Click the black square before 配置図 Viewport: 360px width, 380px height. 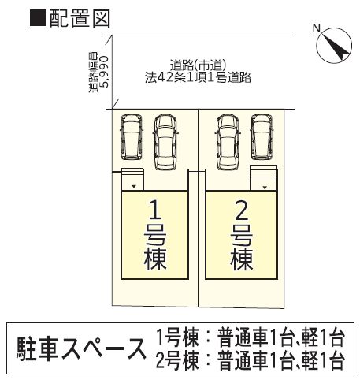pos(38,18)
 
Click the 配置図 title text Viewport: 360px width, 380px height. pos(80,18)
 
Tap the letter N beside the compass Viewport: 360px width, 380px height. pos(317,28)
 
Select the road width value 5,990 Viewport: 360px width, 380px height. pos(104,72)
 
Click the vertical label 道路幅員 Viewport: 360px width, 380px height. pos(93,72)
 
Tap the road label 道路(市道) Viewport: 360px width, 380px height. pos(198,65)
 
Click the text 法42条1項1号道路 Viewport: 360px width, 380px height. pos(198,77)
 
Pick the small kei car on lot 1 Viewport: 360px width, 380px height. pos(132,136)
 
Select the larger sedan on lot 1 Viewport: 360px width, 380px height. pos(165,142)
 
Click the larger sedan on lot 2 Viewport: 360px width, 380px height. pos(228,142)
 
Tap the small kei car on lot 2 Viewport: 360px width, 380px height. pos(262,136)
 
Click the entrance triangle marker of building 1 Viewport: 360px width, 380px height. pos(134,187)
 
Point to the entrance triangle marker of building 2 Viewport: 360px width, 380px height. pos(265,188)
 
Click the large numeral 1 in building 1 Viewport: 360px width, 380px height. pos(155,210)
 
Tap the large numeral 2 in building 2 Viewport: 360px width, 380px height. pos(242,210)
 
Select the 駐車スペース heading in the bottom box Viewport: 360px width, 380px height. pos(81,348)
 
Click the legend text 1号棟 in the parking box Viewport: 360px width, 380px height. pos(177,338)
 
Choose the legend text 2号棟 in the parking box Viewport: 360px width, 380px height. pos(177,360)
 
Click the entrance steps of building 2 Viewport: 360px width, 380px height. pos(264,177)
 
